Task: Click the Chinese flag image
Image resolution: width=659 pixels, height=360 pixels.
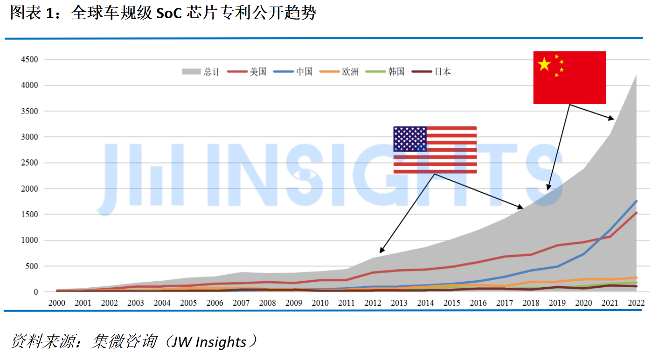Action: (569, 77)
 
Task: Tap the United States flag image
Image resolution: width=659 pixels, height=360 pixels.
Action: (435, 150)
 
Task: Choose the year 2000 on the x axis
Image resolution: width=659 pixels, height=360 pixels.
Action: (56, 302)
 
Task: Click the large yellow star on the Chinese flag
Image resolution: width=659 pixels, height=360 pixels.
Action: (544, 64)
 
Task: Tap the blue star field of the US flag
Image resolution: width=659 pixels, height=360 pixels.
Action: (410, 138)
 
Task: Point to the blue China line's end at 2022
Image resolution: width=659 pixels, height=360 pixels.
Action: (636, 201)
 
